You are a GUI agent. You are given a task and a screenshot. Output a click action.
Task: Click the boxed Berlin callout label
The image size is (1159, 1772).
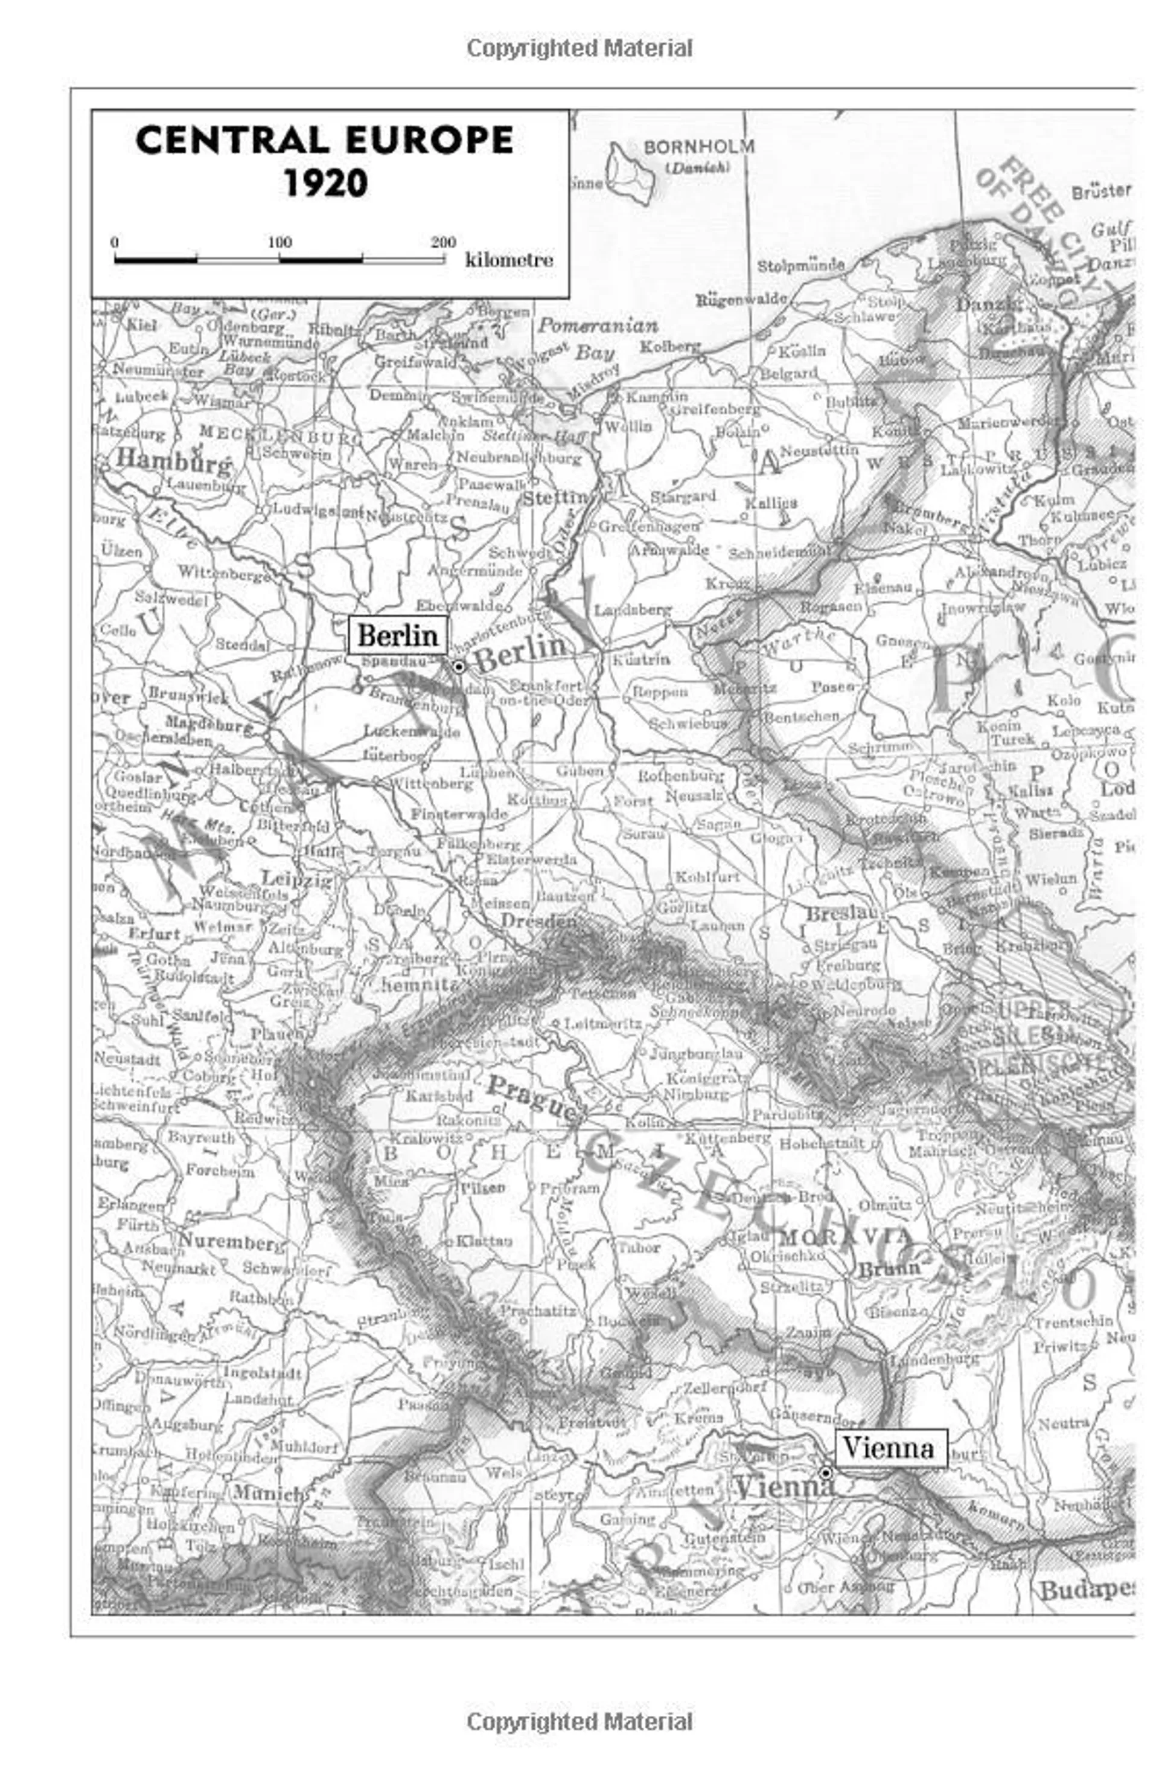click(x=397, y=635)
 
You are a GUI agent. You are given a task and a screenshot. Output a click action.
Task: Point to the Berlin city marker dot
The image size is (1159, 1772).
click(x=459, y=667)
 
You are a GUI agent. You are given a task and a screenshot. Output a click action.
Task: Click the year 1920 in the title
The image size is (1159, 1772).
click(x=325, y=183)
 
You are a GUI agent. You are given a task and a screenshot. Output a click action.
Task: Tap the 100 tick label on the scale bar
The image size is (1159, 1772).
click(x=280, y=242)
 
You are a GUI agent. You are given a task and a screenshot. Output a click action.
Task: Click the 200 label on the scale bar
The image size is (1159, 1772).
click(x=443, y=242)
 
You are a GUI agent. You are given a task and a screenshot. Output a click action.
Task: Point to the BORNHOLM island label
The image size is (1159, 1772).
click(x=698, y=147)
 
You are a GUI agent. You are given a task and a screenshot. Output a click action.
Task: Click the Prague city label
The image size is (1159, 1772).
click(x=532, y=1099)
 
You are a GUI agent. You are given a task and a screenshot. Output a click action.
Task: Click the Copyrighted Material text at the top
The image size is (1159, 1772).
click(x=579, y=48)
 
